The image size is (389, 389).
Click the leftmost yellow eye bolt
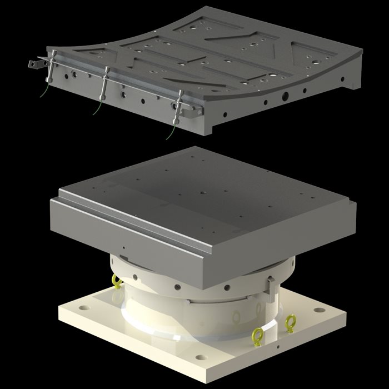(117, 282)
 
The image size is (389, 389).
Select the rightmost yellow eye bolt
(290, 322)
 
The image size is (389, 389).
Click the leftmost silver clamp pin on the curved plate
(51, 67)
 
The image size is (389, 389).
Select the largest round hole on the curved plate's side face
(285, 97)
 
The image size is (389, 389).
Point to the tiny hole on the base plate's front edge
(277, 350)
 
